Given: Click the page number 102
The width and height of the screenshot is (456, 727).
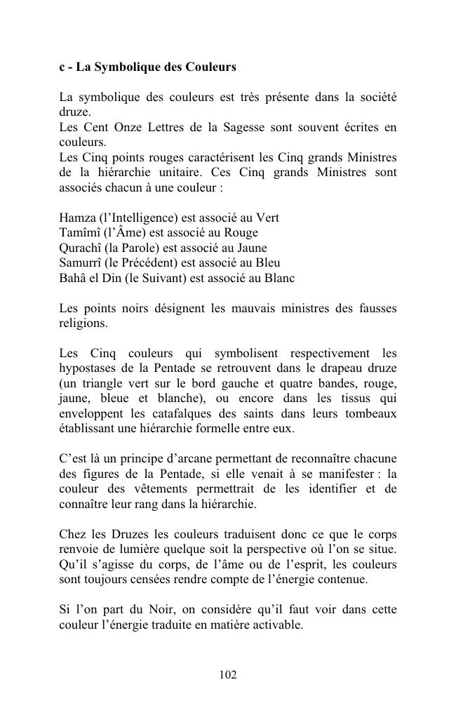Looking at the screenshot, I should coord(228,675).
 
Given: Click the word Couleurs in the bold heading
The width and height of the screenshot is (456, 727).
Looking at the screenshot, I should coord(210,67).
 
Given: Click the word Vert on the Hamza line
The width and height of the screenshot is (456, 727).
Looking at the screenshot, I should coord(267,218).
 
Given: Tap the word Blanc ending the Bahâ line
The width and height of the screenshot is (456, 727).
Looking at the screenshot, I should coord(279,278).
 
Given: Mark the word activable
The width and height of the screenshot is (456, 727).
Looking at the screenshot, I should coord(279,625).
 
